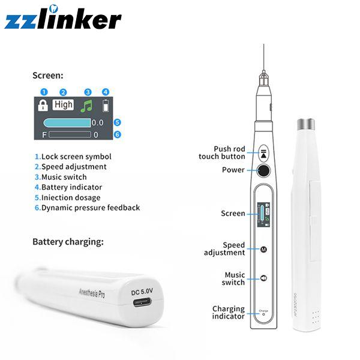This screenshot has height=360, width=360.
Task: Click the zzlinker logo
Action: click(x=62, y=17)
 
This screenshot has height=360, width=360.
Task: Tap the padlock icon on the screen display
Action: click(x=43, y=105)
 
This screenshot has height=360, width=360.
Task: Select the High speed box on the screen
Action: click(x=63, y=104)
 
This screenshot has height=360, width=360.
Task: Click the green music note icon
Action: click(x=86, y=106)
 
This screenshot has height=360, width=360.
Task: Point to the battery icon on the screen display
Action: click(x=106, y=106)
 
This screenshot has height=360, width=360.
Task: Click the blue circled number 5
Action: click(x=118, y=122)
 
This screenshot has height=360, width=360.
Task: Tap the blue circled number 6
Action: click(x=118, y=134)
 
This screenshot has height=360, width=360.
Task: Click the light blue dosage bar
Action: click(x=67, y=123)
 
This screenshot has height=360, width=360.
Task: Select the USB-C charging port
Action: click(x=142, y=302)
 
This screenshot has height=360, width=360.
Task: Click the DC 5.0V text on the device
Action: click(x=142, y=292)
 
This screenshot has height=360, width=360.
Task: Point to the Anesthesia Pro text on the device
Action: click(x=92, y=293)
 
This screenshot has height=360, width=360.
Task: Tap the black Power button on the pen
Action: click(x=263, y=170)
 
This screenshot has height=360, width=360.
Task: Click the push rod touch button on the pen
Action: click(x=263, y=153)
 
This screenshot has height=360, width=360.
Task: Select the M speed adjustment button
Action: click(x=263, y=249)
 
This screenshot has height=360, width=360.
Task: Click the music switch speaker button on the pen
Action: click(x=263, y=278)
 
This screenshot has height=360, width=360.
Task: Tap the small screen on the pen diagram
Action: click(x=263, y=214)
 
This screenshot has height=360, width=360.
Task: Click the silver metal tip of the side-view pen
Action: click(x=306, y=124)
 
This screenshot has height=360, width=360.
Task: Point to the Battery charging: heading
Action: click(x=68, y=242)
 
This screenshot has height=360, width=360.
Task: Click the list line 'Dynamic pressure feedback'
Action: click(x=87, y=208)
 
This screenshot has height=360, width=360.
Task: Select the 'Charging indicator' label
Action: click(x=229, y=313)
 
